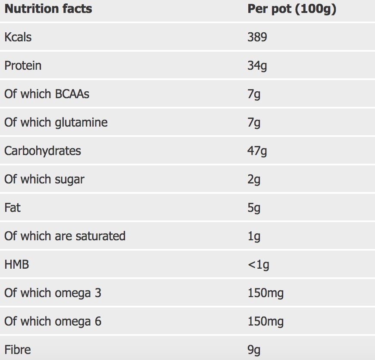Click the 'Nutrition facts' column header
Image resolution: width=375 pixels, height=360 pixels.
pyautogui.click(x=48, y=9)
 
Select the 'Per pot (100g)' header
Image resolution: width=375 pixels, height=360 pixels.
pyautogui.click(x=291, y=9)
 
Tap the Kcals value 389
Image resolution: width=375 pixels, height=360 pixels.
pyautogui.click(x=257, y=37)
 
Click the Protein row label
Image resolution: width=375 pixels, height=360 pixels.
pyautogui.click(x=23, y=65)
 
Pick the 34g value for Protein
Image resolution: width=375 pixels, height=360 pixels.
pyautogui.click(x=257, y=66)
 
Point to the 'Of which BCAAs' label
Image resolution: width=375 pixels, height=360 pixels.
pyautogui.click(x=47, y=94)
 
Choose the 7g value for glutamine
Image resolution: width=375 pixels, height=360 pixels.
pyautogui.click(x=254, y=123)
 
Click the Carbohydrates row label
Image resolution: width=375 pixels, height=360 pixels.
pyautogui.click(x=42, y=151)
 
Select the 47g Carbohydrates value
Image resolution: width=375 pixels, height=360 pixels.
pyautogui.click(x=257, y=151)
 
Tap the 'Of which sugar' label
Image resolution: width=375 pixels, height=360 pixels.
pyautogui.click(x=44, y=179)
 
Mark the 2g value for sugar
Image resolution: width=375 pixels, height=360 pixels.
pyautogui.click(x=254, y=180)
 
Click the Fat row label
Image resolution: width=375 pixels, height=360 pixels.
pyautogui.click(x=12, y=208)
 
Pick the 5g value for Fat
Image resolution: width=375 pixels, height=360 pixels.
pyautogui.click(x=254, y=208)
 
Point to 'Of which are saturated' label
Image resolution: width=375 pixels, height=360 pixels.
pyautogui.click(x=65, y=236)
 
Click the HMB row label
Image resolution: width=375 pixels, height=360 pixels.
pyautogui.click(x=16, y=264)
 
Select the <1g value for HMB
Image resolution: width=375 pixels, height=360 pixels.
pyautogui.click(x=258, y=265)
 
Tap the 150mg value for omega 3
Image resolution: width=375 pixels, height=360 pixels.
pyautogui.click(x=266, y=293)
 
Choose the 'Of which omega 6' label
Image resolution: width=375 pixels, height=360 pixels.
pyautogui.click(x=53, y=321)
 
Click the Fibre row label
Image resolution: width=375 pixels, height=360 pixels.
pyautogui.click(x=17, y=349)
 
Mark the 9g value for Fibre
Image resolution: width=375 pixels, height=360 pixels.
pyautogui.click(x=254, y=350)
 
